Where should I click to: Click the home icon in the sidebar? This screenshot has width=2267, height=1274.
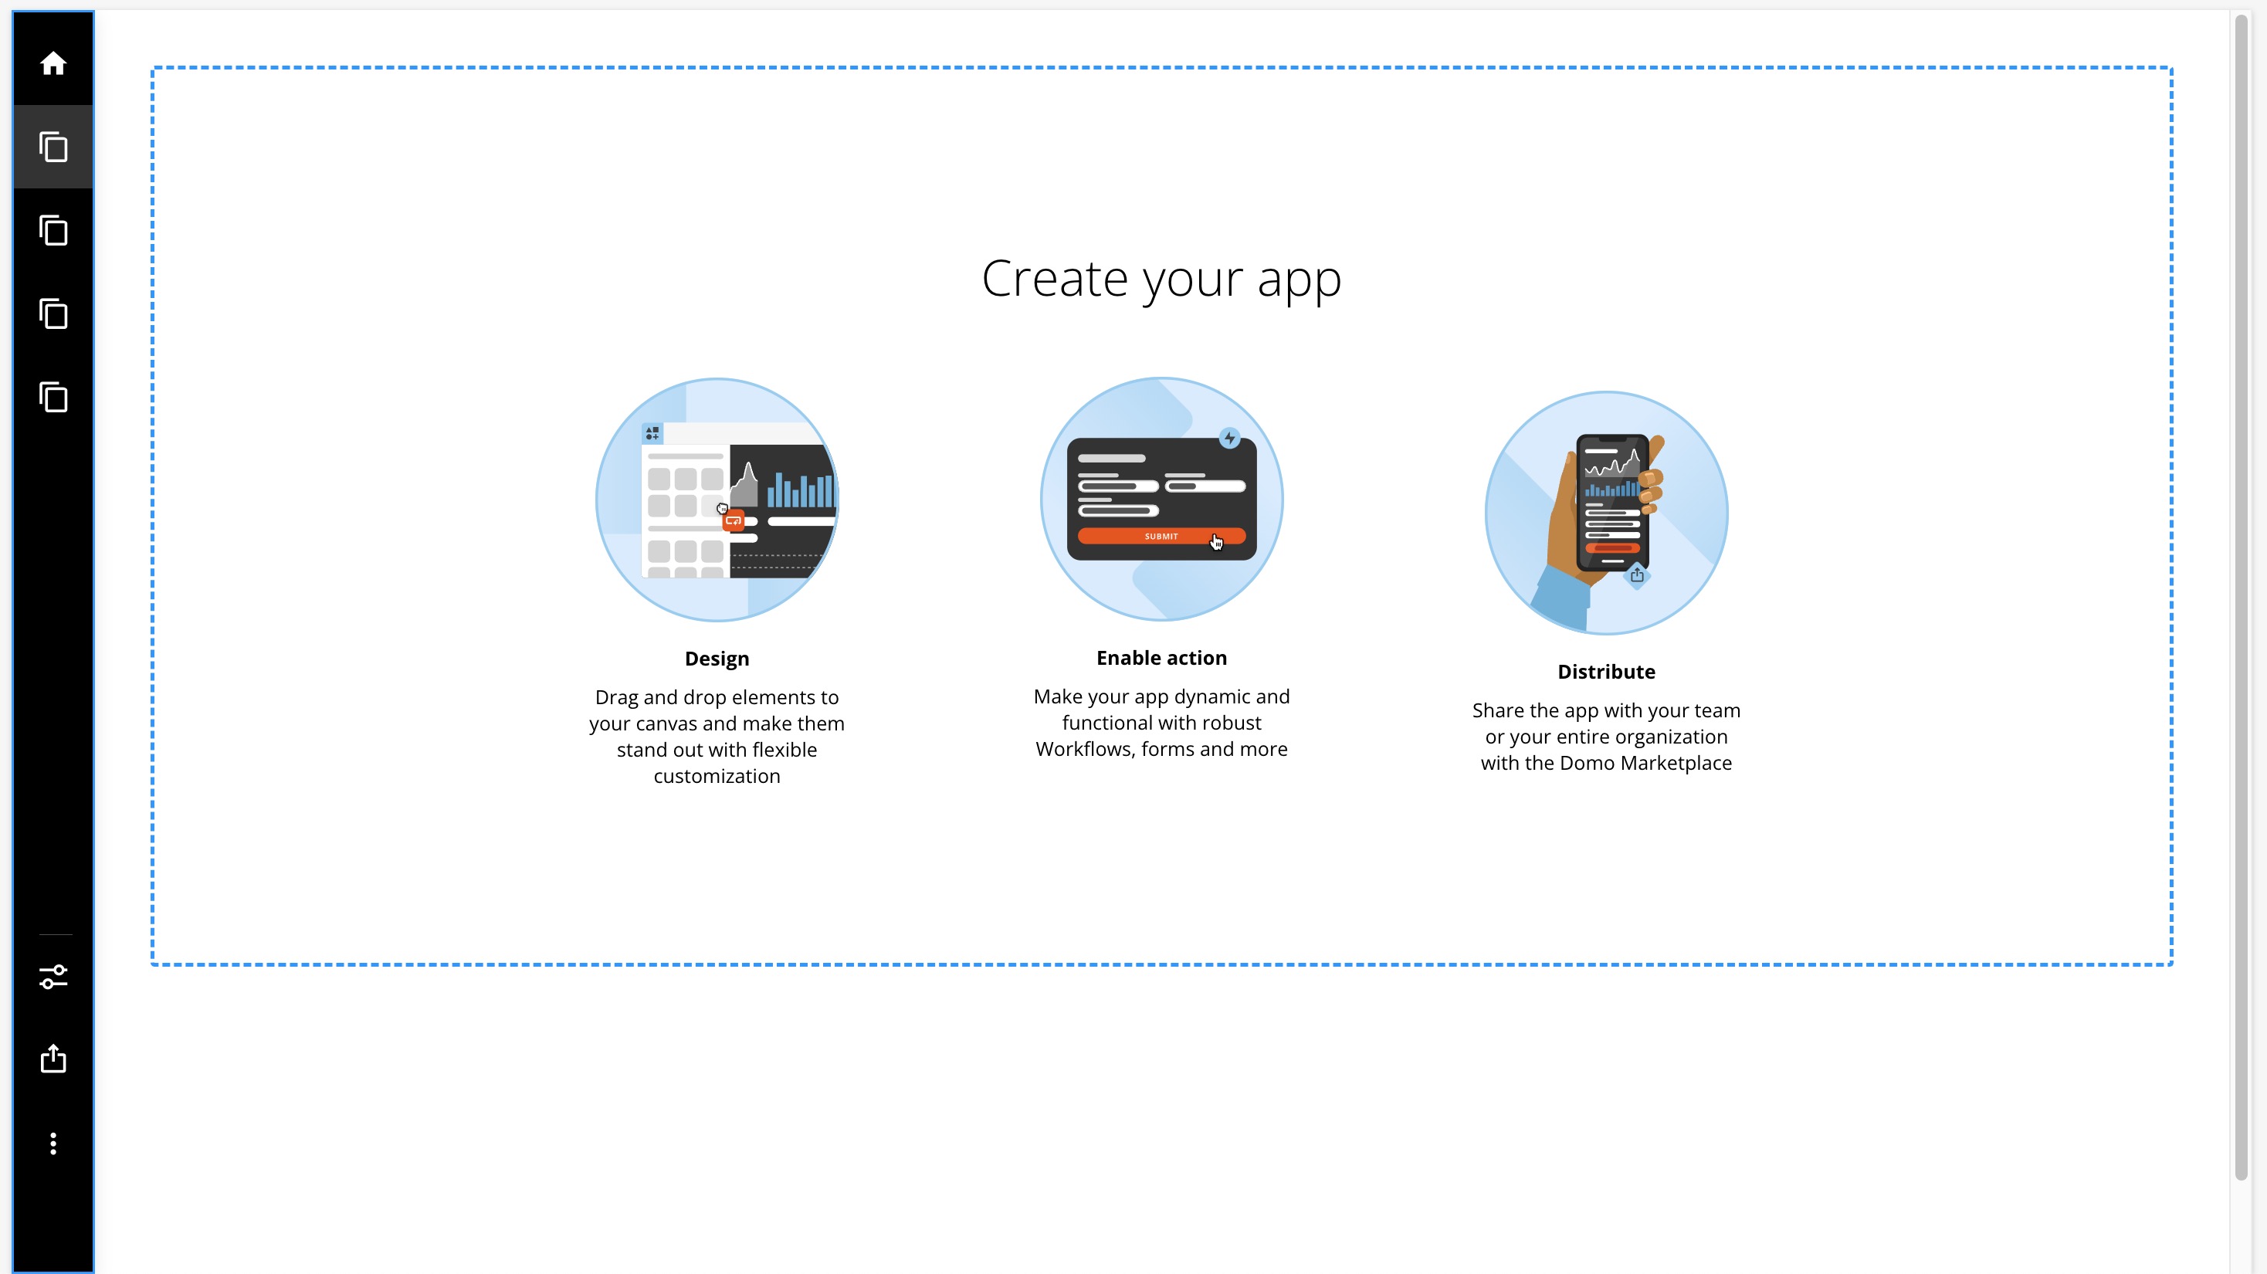pyautogui.click(x=53, y=63)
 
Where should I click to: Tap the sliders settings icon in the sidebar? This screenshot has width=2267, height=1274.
pyautogui.click(x=53, y=977)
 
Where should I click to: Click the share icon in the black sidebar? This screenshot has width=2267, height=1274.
pyautogui.click(x=53, y=1059)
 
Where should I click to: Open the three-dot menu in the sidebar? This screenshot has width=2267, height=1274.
pyautogui.click(x=53, y=1143)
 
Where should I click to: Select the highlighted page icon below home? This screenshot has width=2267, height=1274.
pyautogui.click(x=53, y=147)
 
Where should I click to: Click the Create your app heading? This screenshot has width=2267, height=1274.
pyautogui.click(x=1161, y=279)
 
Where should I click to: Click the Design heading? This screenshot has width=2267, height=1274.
pyautogui.click(x=717, y=659)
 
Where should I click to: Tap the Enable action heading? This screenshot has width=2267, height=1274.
pyautogui.click(x=1161, y=658)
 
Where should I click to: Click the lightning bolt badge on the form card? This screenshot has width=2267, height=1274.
pyautogui.click(x=1228, y=438)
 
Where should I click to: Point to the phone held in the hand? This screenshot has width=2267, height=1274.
pyautogui.click(x=1611, y=502)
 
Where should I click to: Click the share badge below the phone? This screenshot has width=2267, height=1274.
pyautogui.click(x=1636, y=575)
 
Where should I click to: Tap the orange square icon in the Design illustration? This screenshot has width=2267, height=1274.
pyautogui.click(x=733, y=521)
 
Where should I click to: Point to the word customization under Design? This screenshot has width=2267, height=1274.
pyautogui.click(x=717, y=777)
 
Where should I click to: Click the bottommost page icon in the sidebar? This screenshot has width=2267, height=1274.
pyautogui.click(x=53, y=397)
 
